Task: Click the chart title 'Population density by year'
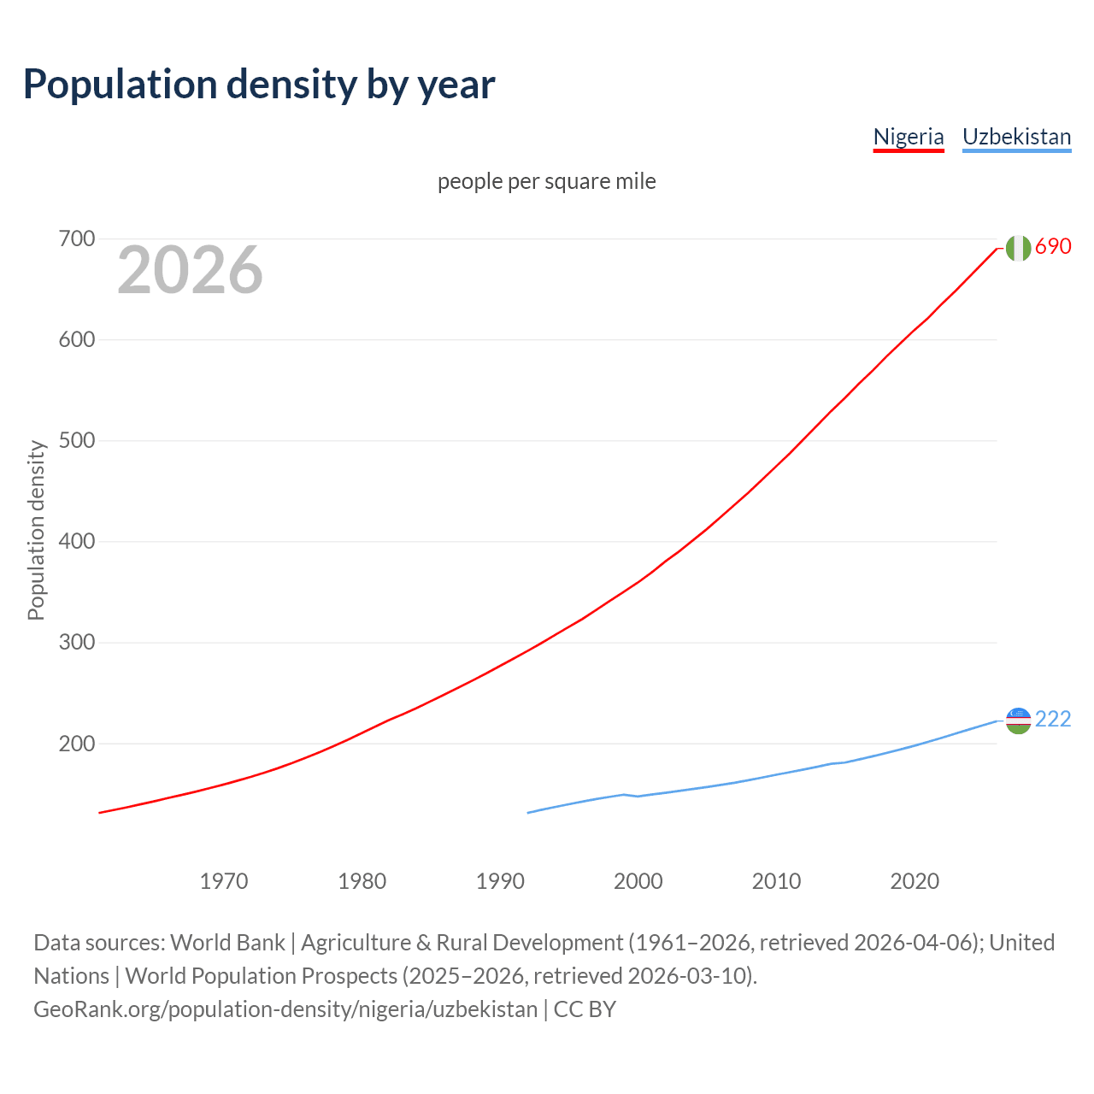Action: click(259, 85)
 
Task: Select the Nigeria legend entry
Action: click(908, 137)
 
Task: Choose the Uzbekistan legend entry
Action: click(1016, 137)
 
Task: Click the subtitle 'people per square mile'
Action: click(547, 181)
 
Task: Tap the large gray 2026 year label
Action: click(190, 270)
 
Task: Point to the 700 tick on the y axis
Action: click(76, 238)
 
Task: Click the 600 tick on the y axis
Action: click(76, 339)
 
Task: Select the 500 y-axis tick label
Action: click(76, 441)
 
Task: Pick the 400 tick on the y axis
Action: click(76, 542)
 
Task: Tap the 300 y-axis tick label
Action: click(76, 643)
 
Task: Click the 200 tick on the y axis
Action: click(76, 744)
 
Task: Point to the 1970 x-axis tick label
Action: click(224, 881)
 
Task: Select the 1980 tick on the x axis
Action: click(362, 881)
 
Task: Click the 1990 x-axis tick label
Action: click(500, 881)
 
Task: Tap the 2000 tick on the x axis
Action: click(638, 881)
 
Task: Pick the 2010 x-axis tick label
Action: click(776, 881)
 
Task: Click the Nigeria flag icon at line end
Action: click(1018, 248)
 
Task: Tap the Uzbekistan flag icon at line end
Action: click(1018, 721)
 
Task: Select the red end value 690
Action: click(1053, 247)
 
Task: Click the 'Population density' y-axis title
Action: click(36, 530)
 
